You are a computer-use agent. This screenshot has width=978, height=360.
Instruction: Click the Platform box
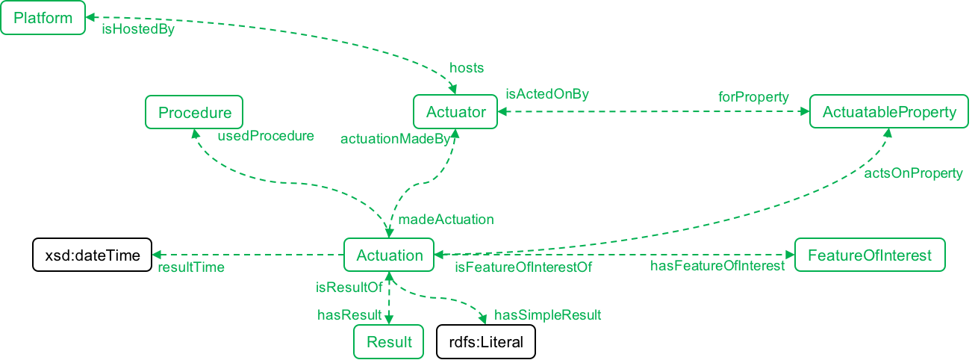(43, 18)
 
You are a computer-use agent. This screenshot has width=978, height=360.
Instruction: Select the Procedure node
(194, 112)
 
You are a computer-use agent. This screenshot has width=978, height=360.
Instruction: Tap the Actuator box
(455, 112)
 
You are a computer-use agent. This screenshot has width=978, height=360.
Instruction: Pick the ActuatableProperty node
(889, 112)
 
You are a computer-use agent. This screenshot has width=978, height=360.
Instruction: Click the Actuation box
(389, 255)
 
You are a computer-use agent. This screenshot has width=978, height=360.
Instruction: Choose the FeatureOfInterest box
(870, 255)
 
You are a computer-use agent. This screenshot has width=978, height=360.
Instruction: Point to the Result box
(389, 343)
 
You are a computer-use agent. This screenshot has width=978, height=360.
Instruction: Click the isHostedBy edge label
(138, 31)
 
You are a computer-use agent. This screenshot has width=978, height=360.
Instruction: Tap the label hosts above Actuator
(467, 68)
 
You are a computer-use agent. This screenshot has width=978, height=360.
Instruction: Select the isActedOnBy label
(547, 94)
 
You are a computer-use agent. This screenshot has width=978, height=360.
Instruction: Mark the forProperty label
(753, 97)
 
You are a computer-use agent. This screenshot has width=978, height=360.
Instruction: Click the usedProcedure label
(265, 137)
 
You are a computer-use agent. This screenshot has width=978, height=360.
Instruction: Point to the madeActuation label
(446, 220)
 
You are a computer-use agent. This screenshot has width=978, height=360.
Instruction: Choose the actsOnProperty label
(913, 173)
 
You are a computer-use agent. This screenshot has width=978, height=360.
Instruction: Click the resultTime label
(190, 267)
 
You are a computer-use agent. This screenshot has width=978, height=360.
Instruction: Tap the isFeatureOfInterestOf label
(523, 267)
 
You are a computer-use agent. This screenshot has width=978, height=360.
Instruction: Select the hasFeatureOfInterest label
(717, 266)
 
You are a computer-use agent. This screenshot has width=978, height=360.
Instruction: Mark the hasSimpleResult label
(547, 315)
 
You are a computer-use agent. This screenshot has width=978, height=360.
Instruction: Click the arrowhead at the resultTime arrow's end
(155, 255)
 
